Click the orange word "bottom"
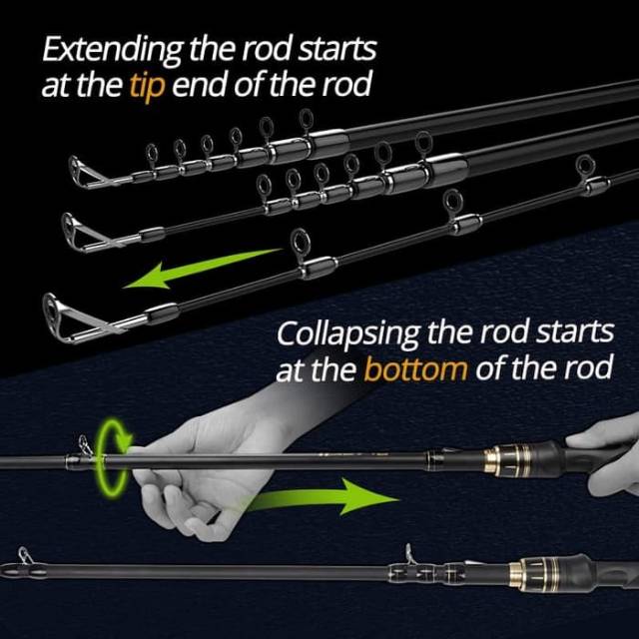click(x=415, y=370)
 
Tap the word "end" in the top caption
click(x=203, y=86)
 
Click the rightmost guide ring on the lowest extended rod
click(x=581, y=172)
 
